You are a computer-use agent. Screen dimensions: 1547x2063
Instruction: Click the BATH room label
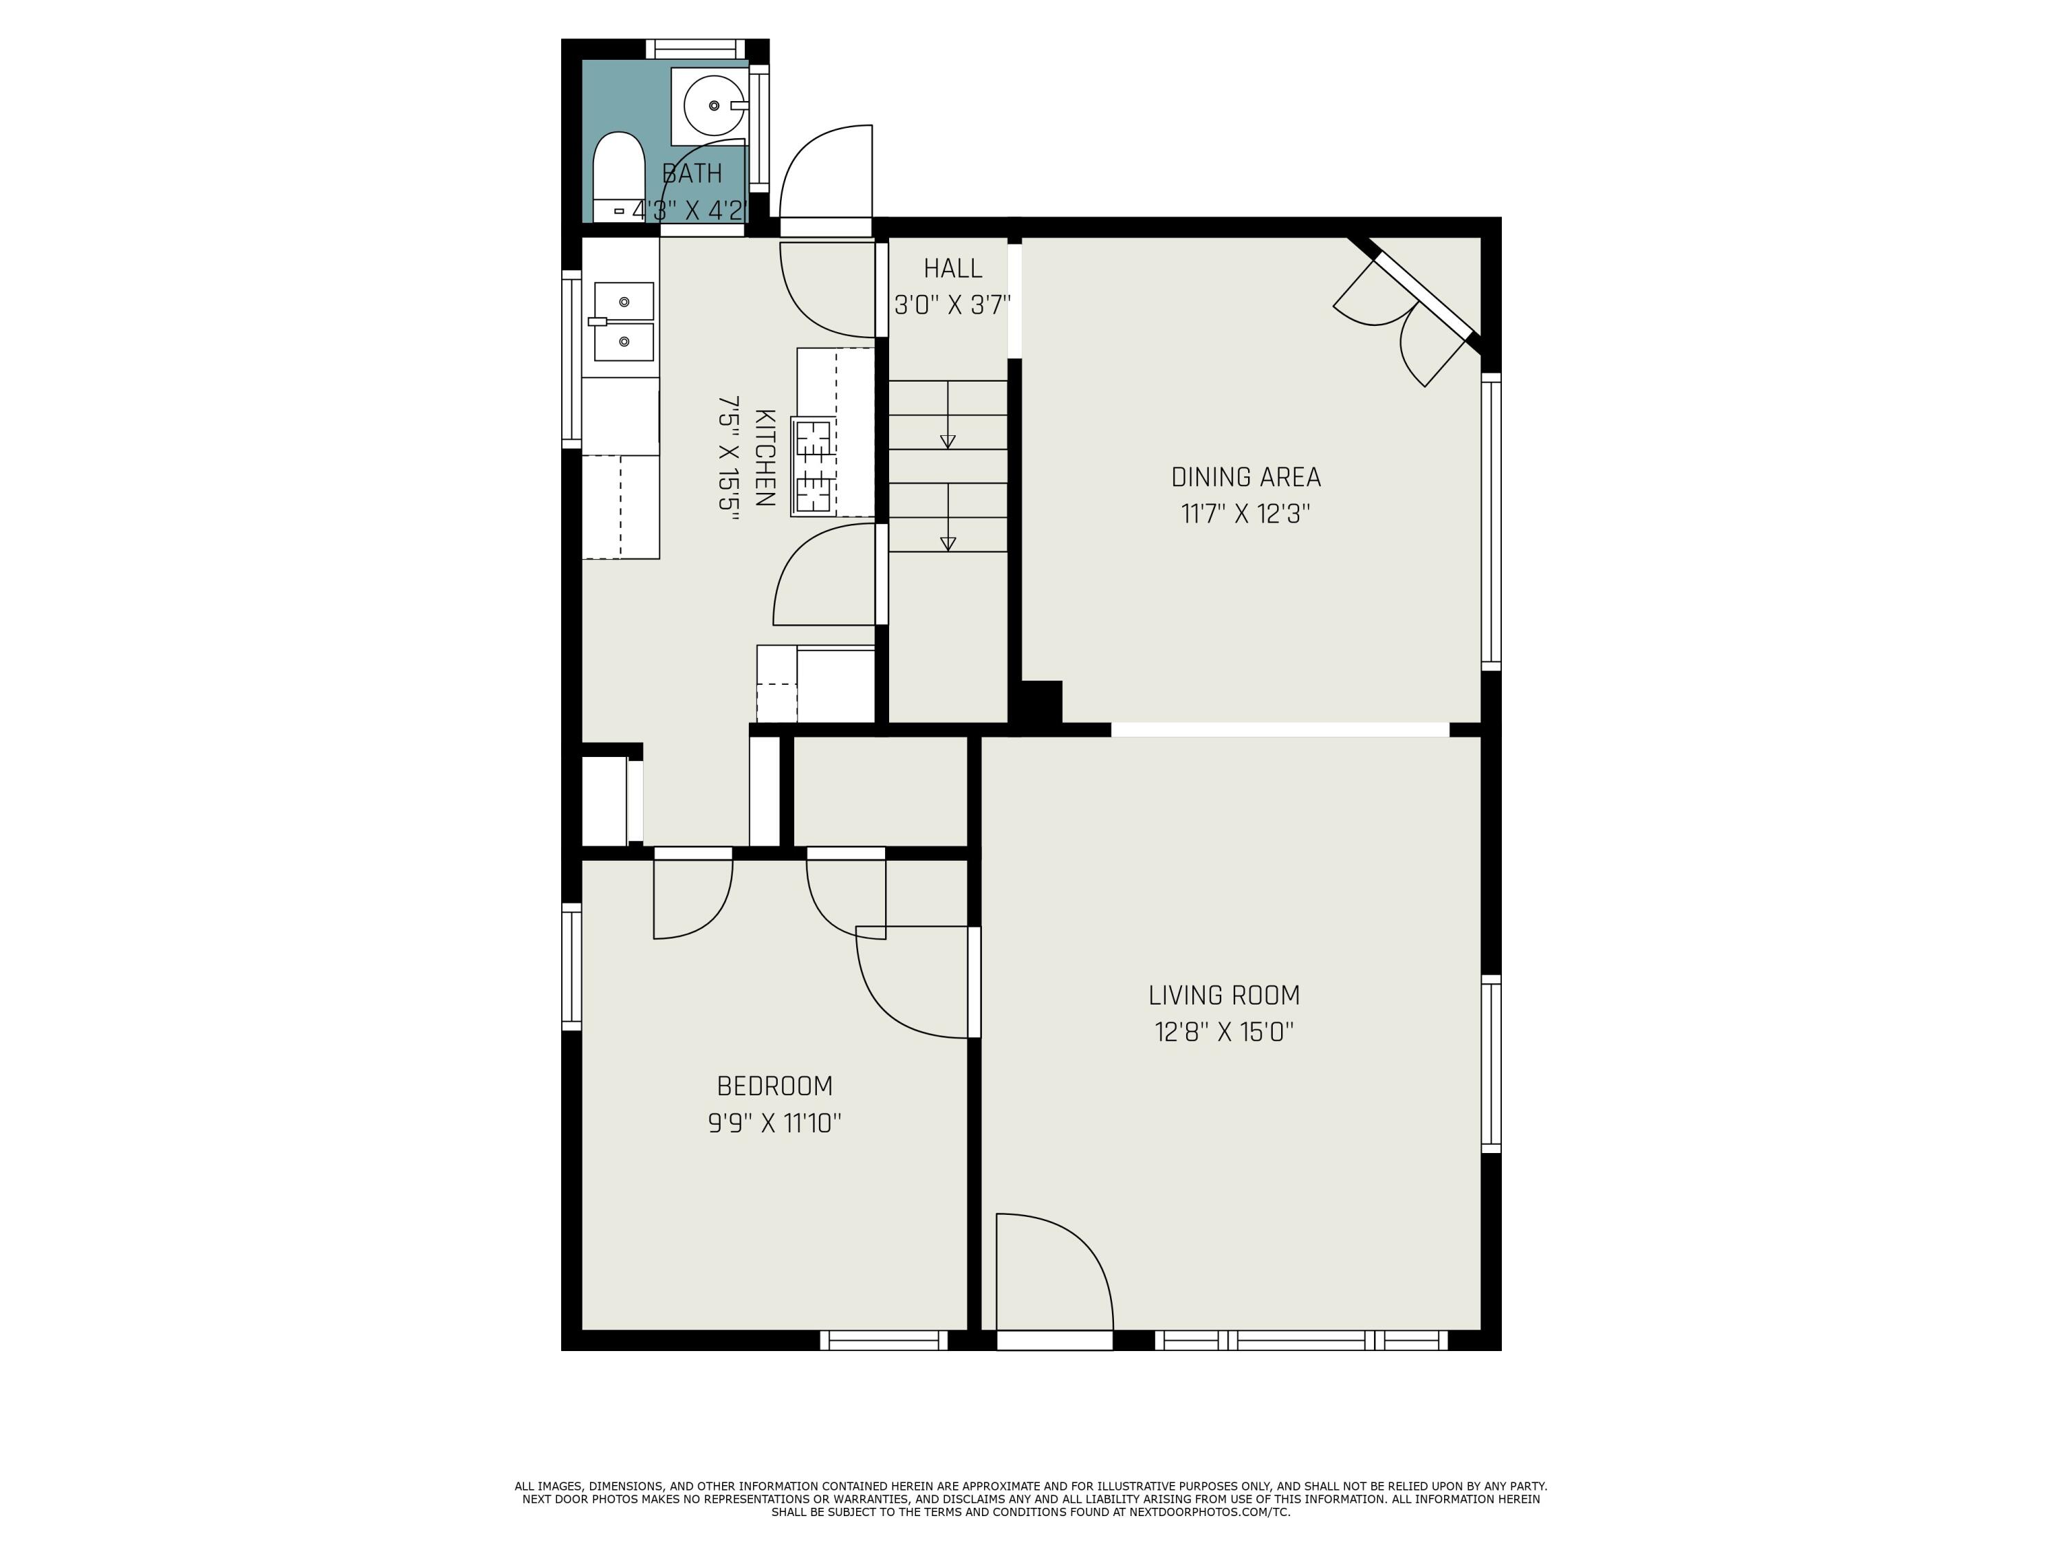coord(692,173)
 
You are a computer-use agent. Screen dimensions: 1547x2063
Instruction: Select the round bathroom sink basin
coord(714,105)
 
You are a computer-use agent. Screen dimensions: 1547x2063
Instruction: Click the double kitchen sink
coord(623,322)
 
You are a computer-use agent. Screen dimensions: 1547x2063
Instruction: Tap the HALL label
coord(952,269)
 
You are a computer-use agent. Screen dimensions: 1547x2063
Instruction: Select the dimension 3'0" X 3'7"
coord(952,305)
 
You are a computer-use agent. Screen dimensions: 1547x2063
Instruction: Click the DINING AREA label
coord(1246,477)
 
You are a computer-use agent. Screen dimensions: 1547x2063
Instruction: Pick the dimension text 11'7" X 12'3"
coord(1246,514)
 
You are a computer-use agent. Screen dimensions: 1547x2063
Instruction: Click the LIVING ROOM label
coord(1223,995)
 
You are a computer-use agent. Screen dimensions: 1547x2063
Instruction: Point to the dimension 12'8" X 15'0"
coord(1223,1032)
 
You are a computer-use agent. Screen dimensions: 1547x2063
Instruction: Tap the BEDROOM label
coord(774,1086)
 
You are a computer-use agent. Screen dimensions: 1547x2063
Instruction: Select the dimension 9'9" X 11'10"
coord(774,1123)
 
